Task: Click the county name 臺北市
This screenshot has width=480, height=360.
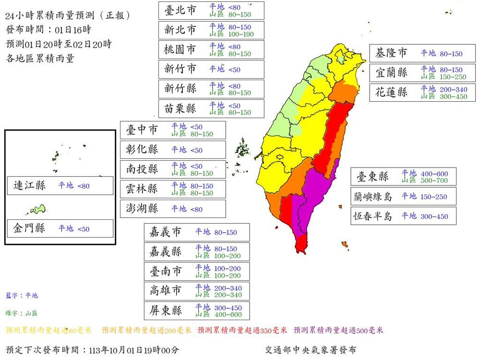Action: [180, 10]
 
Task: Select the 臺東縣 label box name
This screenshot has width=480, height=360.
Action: [372, 176]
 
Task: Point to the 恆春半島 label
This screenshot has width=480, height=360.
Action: [372, 216]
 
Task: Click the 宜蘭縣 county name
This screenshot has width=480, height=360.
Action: [391, 72]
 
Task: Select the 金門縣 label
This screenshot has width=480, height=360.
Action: [29, 228]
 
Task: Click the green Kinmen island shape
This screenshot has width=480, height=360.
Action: [37, 209]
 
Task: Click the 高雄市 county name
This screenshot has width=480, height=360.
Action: [166, 291]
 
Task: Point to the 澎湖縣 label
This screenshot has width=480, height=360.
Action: [142, 209]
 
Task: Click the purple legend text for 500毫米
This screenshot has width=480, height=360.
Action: [338, 330]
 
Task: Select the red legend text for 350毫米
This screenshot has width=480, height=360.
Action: [242, 330]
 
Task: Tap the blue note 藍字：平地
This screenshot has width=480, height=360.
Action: [22, 296]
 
